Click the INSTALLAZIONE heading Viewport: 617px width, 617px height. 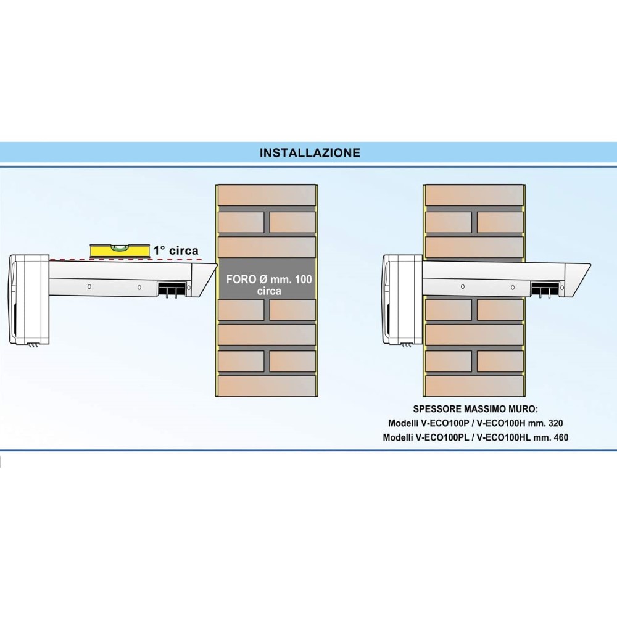[310, 152]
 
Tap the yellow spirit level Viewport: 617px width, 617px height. [120, 251]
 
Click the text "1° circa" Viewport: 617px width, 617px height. [176, 251]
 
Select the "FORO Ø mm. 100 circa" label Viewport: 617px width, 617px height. [269, 285]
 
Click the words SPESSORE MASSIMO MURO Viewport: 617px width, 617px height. [475, 409]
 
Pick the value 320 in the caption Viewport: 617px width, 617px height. [555, 423]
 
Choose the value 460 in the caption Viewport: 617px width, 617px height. [560, 437]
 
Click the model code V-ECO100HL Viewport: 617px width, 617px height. [503, 437]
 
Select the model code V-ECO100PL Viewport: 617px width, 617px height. [442, 437]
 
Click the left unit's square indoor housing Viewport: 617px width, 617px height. [29, 299]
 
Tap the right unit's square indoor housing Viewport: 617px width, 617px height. [402, 299]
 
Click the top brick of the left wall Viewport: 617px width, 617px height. [267, 195]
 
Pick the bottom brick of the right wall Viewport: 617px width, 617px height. [474, 386]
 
